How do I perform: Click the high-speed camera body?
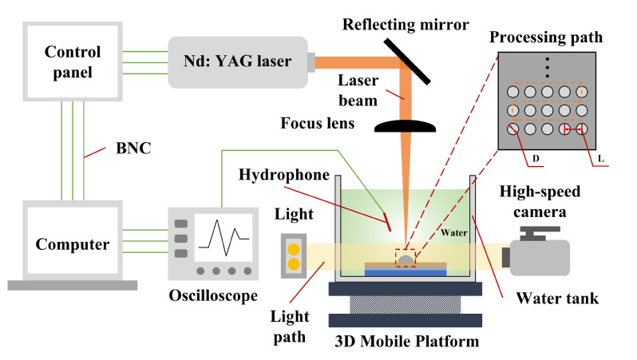pyautogui.click(x=540, y=255)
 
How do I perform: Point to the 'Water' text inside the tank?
pyautogui.click(x=451, y=235)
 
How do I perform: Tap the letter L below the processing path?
pyautogui.click(x=599, y=159)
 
